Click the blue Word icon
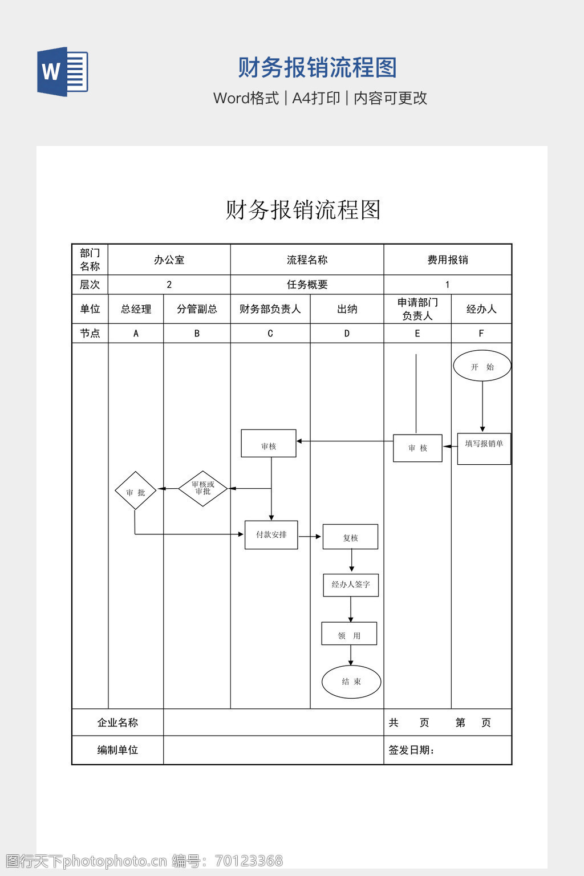coord(63,71)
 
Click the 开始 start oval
coord(482,366)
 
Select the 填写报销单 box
coord(484,448)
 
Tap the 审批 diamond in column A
coord(135,491)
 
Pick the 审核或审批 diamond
coord(203,488)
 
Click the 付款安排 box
coord(271,535)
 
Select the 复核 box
coord(350,537)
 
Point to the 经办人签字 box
coord(351,585)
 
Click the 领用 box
coord(349,634)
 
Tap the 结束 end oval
coord(351,682)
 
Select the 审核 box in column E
coord(417,448)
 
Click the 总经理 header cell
coord(136,309)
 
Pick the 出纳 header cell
coord(347,309)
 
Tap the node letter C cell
coord(270,334)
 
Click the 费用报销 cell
coord(448,260)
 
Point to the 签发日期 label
coord(411,751)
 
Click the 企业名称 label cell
coord(117,723)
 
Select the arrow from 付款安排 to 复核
coord(310,537)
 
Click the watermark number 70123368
coord(249,861)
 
